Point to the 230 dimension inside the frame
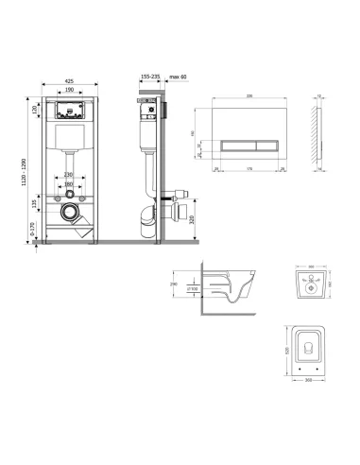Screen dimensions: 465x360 pyautogui.click(x=68, y=174)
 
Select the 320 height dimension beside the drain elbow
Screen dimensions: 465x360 pyautogui.click(x=192, y=220)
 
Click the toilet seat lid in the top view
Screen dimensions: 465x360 pyautogui.click(x=306, y=349)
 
